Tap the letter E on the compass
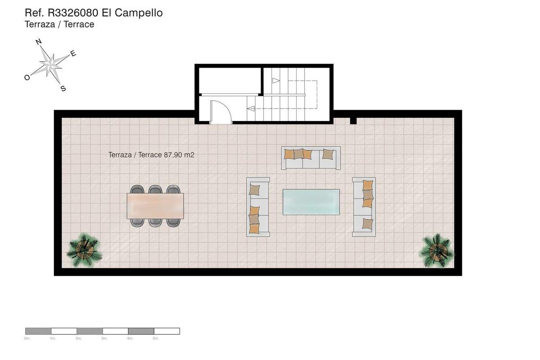pyautogui.click(x=73, y=54)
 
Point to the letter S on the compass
pyautogui.click(x=63, y=89)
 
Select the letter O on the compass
pyautogui.click(x=27, y=77)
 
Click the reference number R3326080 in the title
pyautogui.click(x=73, y=13)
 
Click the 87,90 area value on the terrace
pyautogui.click(x=173, y=155)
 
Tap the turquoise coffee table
pyautogui.click(x=311, y=202)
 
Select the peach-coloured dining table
pyautogui.click(x=155, y=206)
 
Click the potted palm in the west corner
pyautogui.click(x=84, y=250)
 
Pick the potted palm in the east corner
pyautogui.click(x=436, y=250)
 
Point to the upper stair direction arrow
pyautogui.click(x=276, y=81)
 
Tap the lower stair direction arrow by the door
pyautogui.click(x=251, y=108)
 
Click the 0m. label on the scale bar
pyautogui.click(x=27, y=338)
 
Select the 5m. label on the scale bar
pyautogui.click(x=156, y=338)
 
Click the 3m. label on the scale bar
pyautogui.click(x=104, y=338)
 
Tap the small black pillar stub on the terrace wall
pyautogui.click(x=353, y=121)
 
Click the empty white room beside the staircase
pyautogui.click(x=230, y=81)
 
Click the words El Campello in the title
pyautogui.click(x=132, y=13)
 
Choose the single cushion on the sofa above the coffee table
pyautogui.click(x=328, y=154)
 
